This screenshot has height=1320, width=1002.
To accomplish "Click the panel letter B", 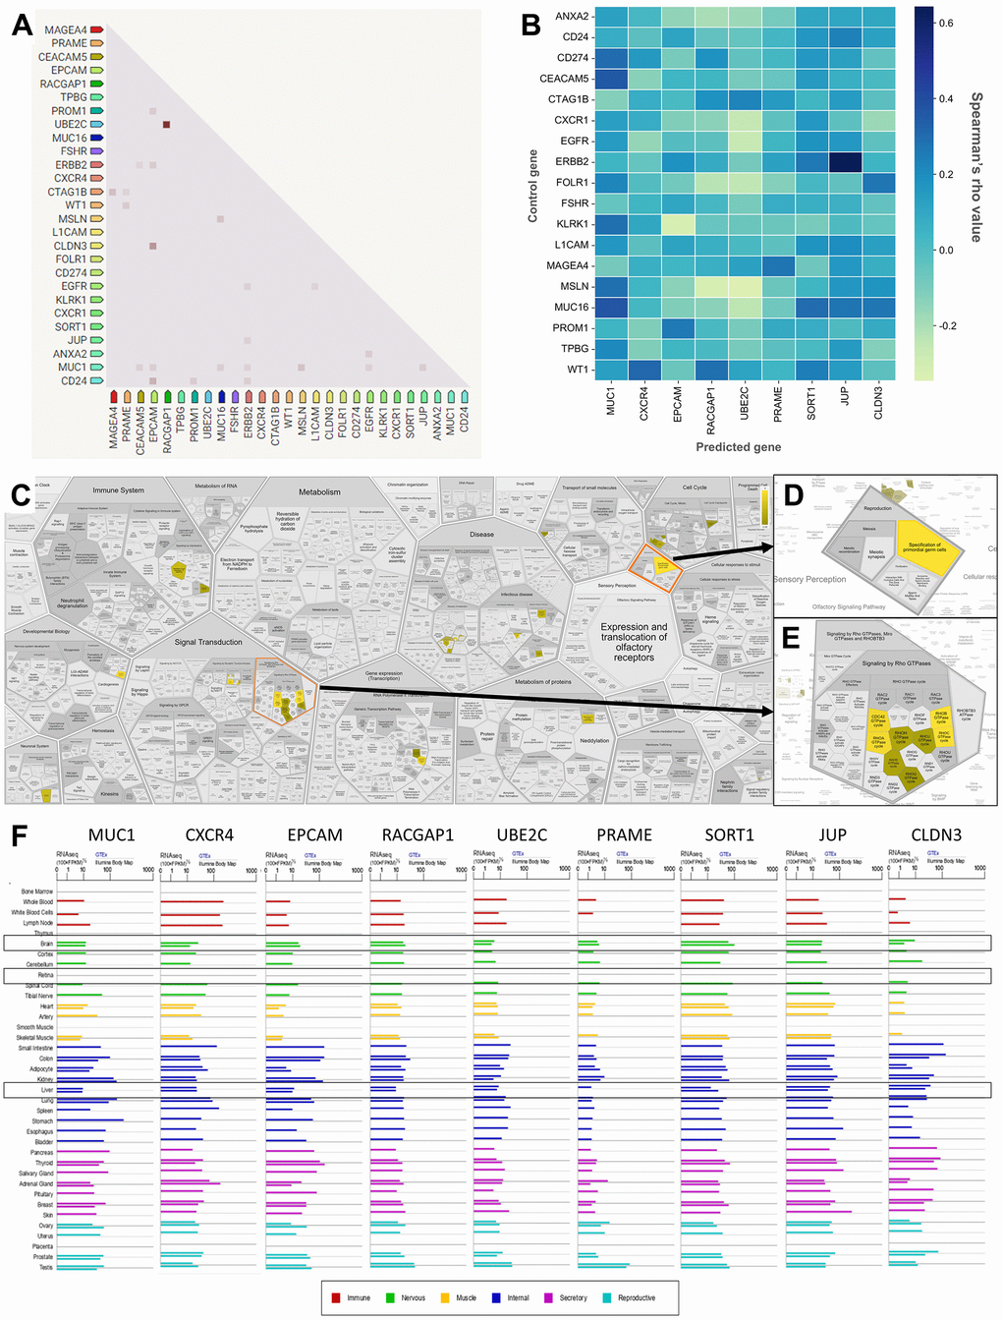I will [531, 25].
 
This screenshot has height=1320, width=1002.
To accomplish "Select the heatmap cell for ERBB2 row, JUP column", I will [845, 161].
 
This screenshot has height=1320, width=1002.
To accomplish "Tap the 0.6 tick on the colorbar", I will [946, 23].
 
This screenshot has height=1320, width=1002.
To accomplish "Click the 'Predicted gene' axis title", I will [738, 446].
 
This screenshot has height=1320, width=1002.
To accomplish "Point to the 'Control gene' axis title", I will [533, 186].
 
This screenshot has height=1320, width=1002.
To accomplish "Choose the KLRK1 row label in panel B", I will [572, 224].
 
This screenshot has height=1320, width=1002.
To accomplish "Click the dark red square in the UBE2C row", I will [166, 125].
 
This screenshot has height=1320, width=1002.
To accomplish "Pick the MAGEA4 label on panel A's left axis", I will [65, 30].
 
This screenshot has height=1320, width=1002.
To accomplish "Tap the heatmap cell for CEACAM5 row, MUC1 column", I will [610, 79].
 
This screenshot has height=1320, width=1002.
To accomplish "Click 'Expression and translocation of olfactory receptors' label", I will [634, 642].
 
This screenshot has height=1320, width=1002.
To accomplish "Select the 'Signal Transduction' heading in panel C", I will [208, 642].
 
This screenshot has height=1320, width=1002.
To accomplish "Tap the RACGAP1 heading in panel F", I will [417, 834].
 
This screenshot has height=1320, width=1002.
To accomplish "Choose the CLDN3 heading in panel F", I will [935, 834].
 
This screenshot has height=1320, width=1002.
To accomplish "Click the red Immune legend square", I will [336, 1297].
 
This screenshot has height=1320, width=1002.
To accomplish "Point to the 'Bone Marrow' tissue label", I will [37, 891].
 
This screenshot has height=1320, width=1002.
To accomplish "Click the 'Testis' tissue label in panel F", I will [45, 1267].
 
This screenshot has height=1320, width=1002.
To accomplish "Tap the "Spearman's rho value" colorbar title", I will [976, 167].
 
